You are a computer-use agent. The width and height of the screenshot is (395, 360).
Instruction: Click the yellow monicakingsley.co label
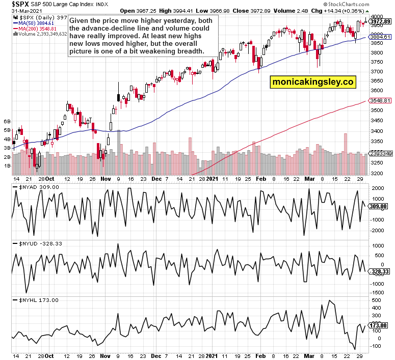point(313,81)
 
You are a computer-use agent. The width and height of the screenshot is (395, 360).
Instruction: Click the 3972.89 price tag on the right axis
point(380,21)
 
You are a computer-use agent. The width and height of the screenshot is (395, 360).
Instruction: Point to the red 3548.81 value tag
point(380,100)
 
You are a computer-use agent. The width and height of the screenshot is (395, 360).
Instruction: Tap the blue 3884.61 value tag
point(380,37)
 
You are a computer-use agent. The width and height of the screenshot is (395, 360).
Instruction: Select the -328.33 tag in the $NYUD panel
point(380,271)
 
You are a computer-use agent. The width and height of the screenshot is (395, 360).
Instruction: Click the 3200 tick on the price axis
point(377,173)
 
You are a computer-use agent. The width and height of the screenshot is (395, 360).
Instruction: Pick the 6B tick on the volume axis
point(7,122)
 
